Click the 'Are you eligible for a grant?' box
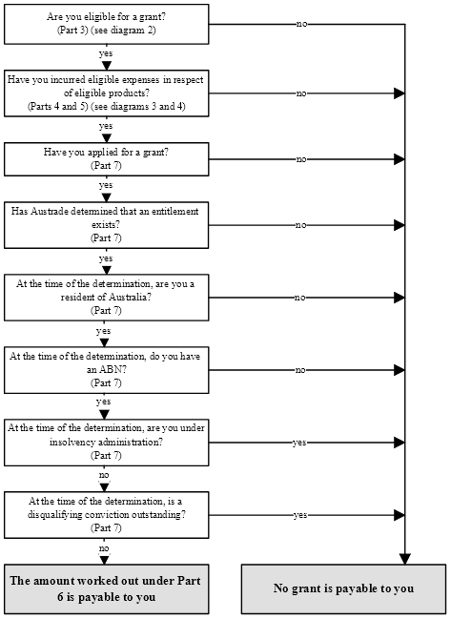tap(107, 24)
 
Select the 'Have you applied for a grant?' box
tap(107, 159)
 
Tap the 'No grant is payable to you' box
tap(343, 588)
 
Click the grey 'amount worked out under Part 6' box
tap(107, 588)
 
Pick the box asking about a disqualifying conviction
tap(107, 515)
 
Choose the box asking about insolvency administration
tap(107, 443)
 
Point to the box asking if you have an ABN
tap(107, 370)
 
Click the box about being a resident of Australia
tap(107, 298)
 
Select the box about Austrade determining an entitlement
tap(107, 225)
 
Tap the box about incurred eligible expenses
tap(107, 93)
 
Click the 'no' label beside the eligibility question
tap(301, 24)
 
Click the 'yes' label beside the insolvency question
tap(299, 443)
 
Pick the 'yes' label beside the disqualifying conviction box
tap(300, 515)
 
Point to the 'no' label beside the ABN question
tap(300, 370)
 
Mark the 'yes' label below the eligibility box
tap(106, 53)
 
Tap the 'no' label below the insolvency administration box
tap(104, 475)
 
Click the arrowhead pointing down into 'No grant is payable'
tap(405, 559)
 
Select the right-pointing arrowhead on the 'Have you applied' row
tap(400, 159)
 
